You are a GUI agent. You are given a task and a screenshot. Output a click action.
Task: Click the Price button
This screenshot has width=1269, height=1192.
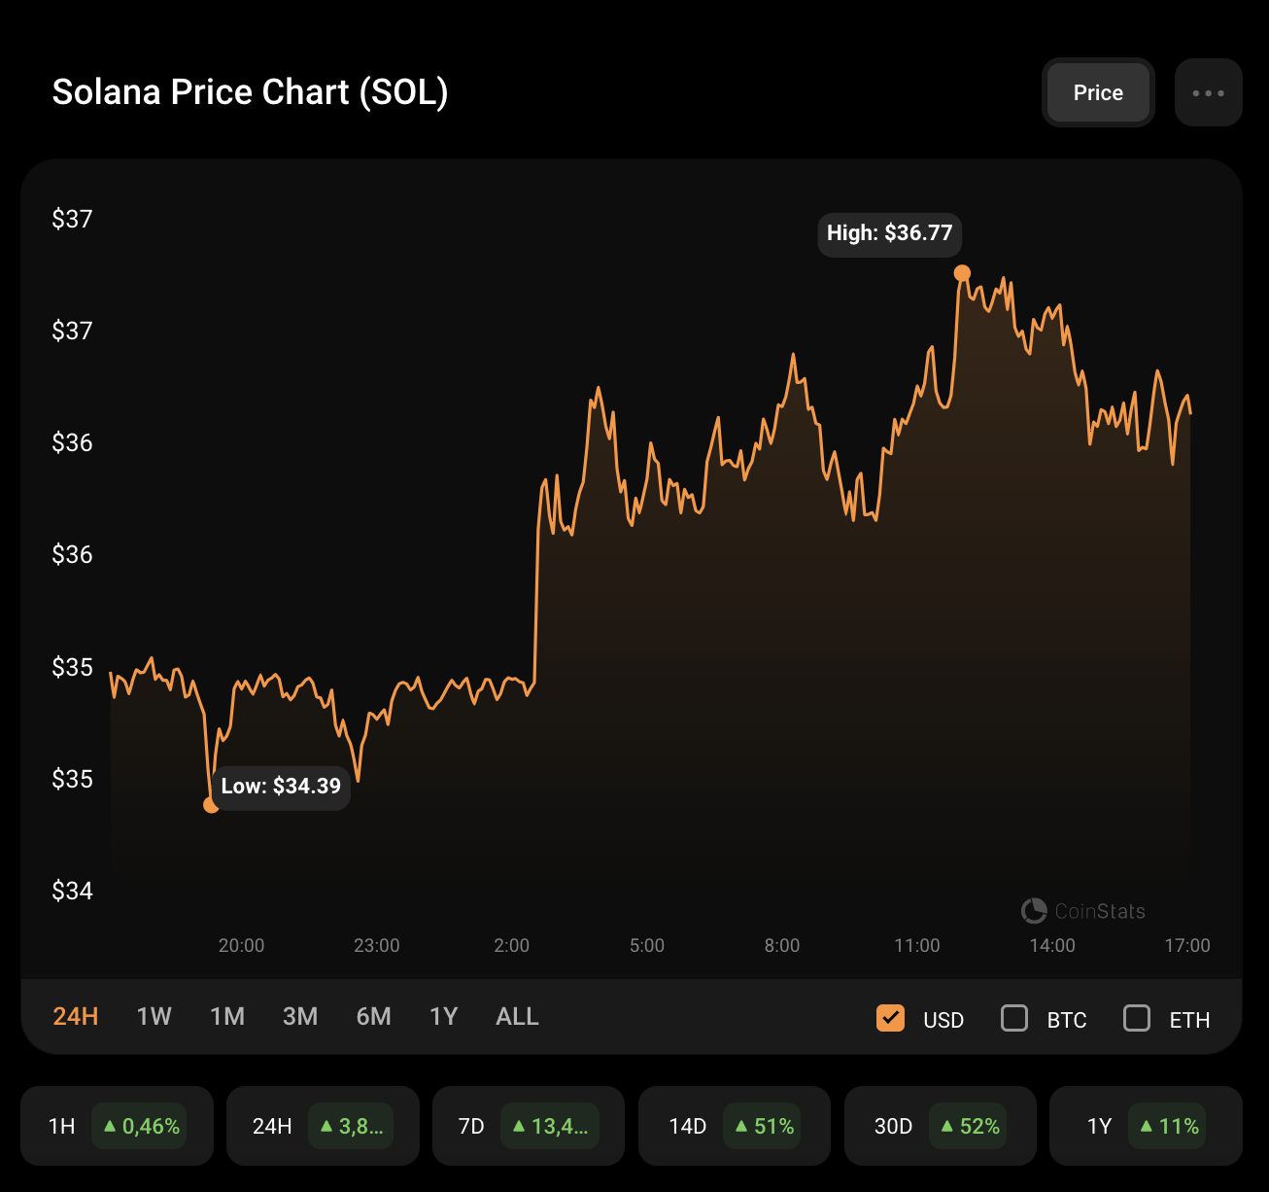1098,92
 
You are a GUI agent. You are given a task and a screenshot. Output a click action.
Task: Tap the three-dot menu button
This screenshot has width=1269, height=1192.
1208,92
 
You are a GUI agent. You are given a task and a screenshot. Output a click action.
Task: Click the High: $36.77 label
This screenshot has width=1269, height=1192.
889,233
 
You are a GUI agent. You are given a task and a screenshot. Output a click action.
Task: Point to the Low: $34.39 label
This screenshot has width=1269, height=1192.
281,786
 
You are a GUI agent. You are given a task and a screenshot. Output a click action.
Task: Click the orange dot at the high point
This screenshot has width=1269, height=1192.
962,273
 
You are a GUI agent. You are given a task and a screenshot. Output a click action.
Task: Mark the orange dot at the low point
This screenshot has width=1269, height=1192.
211,804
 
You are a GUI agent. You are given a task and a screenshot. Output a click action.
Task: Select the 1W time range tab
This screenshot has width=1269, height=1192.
154,1016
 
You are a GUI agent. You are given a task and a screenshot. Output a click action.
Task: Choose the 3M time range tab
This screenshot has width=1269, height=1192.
300,1016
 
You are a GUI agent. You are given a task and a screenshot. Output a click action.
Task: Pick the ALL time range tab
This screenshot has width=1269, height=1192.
517,1016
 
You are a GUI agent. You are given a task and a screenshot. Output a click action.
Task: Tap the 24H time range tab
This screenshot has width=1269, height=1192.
76,1016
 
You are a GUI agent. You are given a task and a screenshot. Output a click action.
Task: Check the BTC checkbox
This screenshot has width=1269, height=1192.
1014,1018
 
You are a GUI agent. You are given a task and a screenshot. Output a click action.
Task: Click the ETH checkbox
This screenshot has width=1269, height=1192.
1137,1018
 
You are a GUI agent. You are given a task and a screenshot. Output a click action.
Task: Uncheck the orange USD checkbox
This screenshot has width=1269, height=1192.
890,1018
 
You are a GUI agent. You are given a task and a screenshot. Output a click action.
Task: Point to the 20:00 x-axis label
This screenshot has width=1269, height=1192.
241,945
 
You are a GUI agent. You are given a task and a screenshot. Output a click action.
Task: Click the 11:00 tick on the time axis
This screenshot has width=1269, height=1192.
917,945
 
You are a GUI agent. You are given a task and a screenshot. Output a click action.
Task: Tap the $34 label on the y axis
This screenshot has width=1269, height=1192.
72,891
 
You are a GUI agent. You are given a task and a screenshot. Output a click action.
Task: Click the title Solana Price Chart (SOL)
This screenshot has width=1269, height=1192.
250,92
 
